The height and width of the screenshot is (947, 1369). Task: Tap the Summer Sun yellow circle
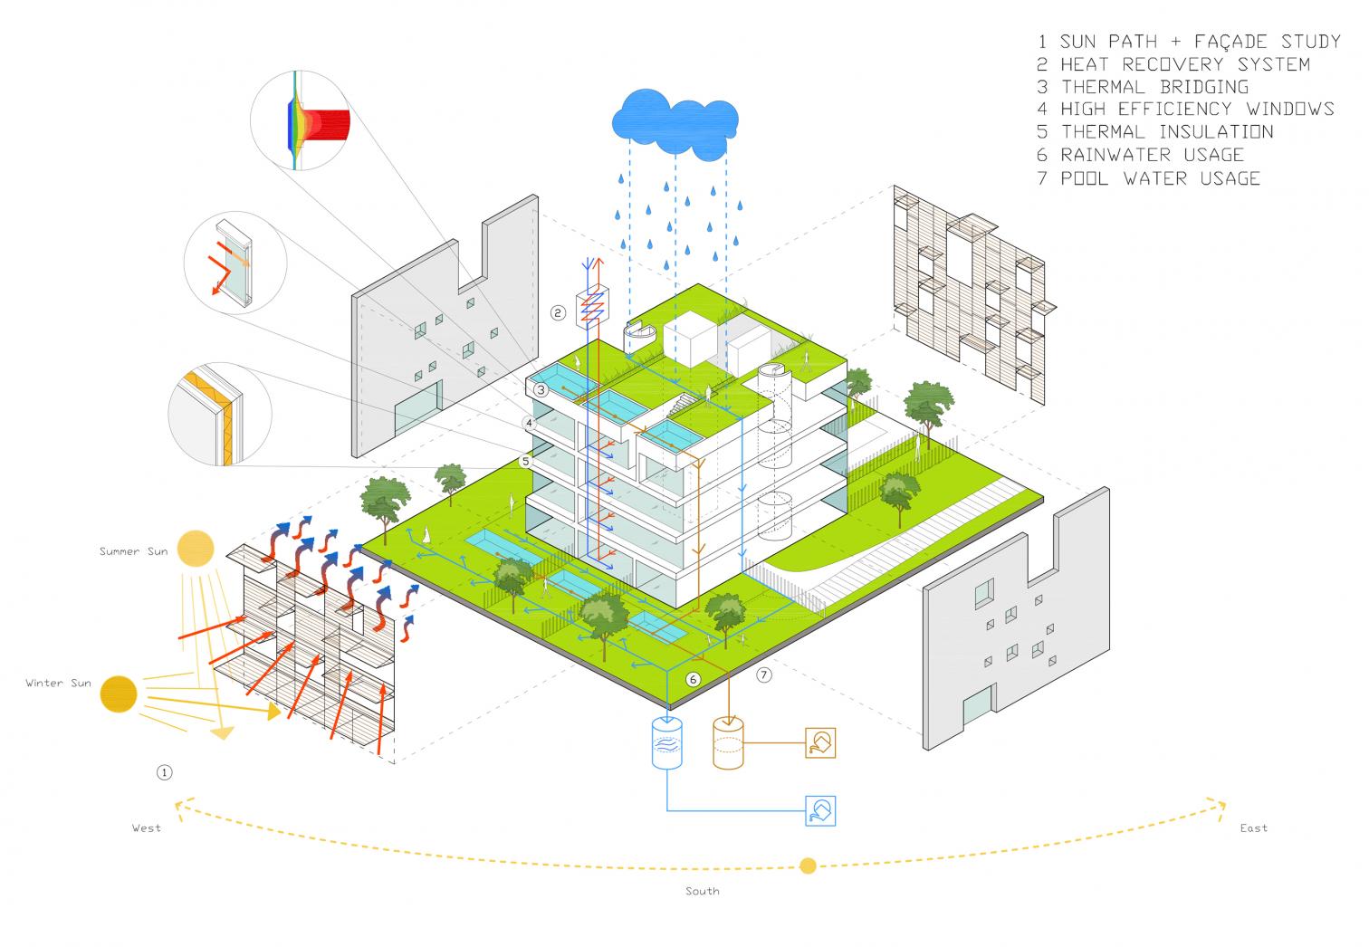pyautogui.click(x=196, y=548)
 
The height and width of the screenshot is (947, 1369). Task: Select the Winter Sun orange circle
pyautogui.click(x=119, y=694)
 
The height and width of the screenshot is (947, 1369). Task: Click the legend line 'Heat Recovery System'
pyautogui.click(x=1173, y=64)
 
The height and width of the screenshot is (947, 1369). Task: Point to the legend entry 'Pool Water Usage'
pyautogui.click(x=1148, y=178)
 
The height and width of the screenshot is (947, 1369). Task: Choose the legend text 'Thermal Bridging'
pyautogui.click(x=1143, y=87)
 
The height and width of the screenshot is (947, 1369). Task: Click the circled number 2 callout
pyautogui.click(x=558, y=313)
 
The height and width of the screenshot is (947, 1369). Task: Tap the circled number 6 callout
pyautogui.click(x=693, y=679)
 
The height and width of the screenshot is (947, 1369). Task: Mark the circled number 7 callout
pyautogui.click(x=764, y=674)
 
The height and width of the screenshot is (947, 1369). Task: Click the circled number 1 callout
pyautogui.click(x=165, y=772)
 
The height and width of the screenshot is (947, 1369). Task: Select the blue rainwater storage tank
pyautogui.click(x=666, y=742)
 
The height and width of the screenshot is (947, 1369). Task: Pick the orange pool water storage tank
pyautogui.click(x=728, y=742)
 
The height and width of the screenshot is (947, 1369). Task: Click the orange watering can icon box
pyautogui.click(x=820, y=742)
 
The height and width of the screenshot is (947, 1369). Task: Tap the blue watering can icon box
pyautogui.click(x=820, y=811)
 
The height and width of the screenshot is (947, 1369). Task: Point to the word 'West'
pyautogui.click(x=147, y=827)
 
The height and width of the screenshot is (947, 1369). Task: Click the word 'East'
pyautogui.click(x=1253, y=827)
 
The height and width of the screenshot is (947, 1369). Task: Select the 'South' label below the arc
pyautogui.click(x=703, y=891)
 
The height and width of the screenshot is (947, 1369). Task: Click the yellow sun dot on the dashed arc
pyautogui.click(x=808, y=866)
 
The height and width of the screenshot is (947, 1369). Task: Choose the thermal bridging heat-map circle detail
pyautogui.click(x=301, y=120)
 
